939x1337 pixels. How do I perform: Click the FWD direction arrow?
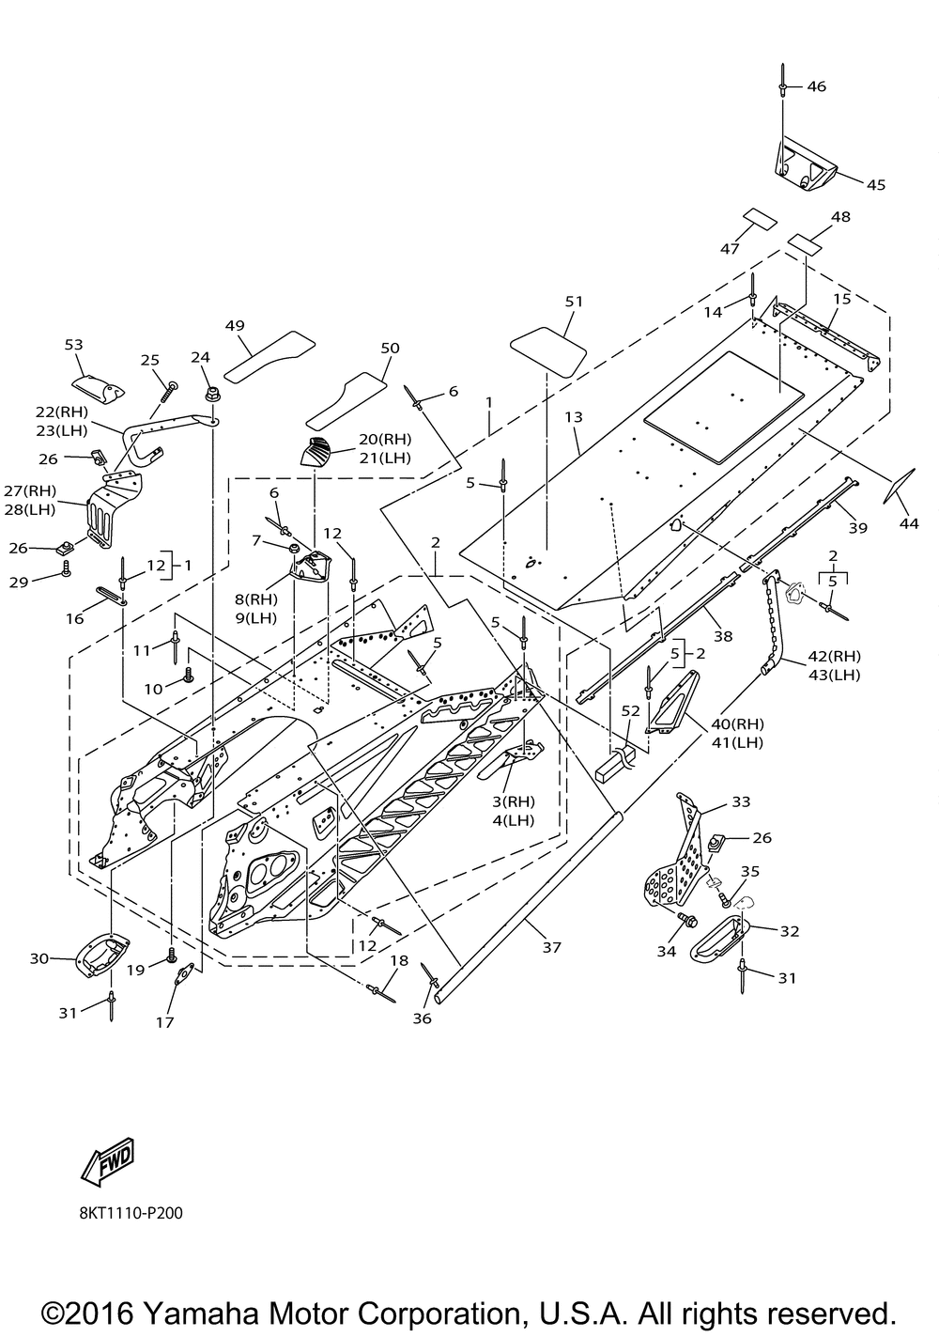pos(108,1161)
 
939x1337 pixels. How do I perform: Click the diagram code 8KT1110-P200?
pos(131,1213)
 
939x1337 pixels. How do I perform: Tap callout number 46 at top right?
pos(817,86)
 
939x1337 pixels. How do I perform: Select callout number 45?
pos(876,185)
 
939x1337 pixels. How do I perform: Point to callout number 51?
pos(574,302)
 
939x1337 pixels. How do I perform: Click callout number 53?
pos(74,345)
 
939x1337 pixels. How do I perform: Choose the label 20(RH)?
pos(385,440)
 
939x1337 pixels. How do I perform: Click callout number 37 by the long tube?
pos(552,947)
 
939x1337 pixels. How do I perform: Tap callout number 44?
pos(909,524)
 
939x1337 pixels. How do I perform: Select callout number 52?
pos(631,711)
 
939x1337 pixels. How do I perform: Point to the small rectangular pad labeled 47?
pos(760,220)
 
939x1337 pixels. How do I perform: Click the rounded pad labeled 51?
pos(548,351)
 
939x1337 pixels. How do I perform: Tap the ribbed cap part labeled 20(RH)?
pos(316,451)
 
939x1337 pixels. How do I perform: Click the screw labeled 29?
pos(67,568)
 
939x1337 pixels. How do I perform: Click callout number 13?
pos(574,416)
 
